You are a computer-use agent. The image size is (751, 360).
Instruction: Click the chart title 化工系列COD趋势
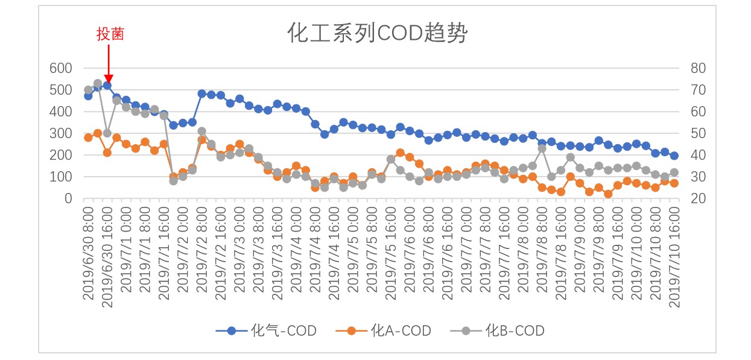click(x=376, y=34)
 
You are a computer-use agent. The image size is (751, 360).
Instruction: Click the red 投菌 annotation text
click(x=110, y=34)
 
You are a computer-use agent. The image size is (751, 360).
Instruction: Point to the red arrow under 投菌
click(x=108, y=63)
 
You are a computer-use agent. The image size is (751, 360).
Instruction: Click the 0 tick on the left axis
click(x=68, y=198)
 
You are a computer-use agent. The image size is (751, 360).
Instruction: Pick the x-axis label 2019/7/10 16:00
click(x=674, y=256)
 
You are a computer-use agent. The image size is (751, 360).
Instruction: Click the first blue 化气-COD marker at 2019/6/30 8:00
click(x=88, y=96)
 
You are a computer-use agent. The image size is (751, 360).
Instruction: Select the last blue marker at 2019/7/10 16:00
click(x=674, y=156)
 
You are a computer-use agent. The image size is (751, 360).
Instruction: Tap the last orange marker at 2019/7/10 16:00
click(x=674, y=183)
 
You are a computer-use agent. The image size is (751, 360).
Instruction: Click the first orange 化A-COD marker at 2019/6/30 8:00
click(x=88, y=137)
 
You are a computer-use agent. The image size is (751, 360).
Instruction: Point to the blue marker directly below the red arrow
click(x=107, y=85)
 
